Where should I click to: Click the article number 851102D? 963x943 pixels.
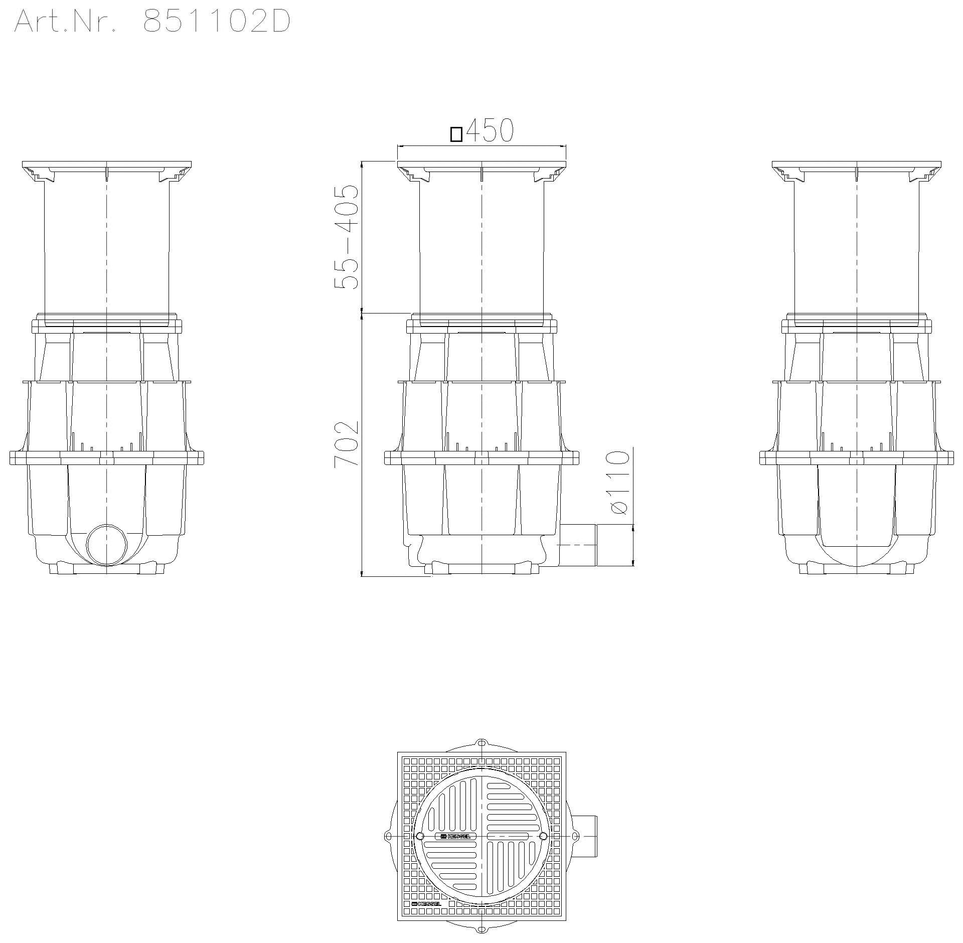(217, 22)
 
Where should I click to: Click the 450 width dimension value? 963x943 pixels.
(490, 131)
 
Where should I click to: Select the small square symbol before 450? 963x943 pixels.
(456, 135)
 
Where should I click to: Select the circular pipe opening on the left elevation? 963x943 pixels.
(107, 545)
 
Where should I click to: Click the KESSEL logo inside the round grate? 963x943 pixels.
(455, 836)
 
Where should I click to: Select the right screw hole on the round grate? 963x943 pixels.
(543, 836)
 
